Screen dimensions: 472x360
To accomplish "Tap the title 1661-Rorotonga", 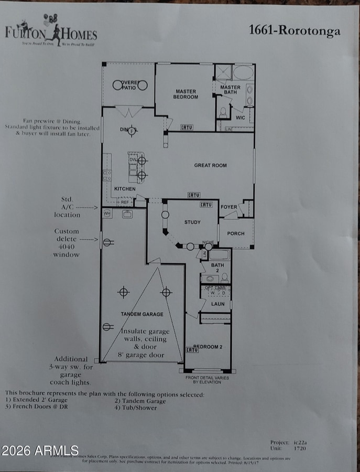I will pos(294,30).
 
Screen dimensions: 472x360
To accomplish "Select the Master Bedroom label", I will pos(186,94).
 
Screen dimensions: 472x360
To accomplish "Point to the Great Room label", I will pos(210,165).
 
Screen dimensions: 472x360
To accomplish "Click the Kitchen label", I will pos(125,189).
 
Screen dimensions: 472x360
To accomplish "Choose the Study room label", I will pos(192,222).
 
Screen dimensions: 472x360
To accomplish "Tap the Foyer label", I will pos(228,207).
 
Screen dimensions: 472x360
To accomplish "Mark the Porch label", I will pos(236,233).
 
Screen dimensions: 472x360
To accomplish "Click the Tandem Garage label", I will pos(141,314).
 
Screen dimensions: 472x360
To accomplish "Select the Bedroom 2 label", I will pos(208,347).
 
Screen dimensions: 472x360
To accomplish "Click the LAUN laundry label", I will pos(217,304).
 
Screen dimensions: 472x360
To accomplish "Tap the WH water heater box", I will pos(107,213).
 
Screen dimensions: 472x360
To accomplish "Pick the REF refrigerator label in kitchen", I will pos(124,201).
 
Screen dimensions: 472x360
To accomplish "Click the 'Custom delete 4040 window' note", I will pos(67,243).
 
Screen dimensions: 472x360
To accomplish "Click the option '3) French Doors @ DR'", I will pos(37,407).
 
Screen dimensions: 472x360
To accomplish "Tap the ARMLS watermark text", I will pos(40,450).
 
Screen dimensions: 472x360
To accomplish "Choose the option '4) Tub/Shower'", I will pos(136,407).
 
